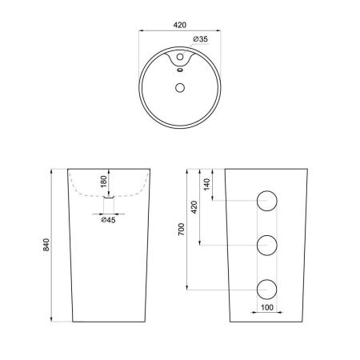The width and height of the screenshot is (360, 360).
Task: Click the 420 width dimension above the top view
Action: [x=180, y=25]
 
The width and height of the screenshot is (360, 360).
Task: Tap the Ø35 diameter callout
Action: [x=200, y=39]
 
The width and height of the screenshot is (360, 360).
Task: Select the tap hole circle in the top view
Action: [x=180, y=57]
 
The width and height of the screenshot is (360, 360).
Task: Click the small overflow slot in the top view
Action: [x=180, y=70]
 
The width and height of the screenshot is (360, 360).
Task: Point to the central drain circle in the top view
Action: [x=180, y=88]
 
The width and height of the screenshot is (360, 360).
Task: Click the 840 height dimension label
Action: [x=46, y=245]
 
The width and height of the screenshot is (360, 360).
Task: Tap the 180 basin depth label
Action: [x=104, y=182]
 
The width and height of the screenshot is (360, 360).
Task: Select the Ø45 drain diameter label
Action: [x=108, y=220]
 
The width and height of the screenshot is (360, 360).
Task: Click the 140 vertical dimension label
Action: [x=206, y=184]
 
